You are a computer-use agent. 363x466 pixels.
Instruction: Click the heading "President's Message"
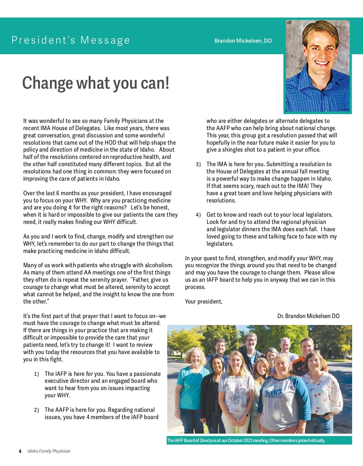pyautogui.click(x=70, y=40)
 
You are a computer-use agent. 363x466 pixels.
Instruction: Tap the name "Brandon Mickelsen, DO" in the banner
pyautogui.click(x=243, y=41)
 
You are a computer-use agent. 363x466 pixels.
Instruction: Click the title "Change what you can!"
pyautogui.click(x=96, y=83)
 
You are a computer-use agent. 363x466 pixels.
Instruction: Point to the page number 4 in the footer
pyautogui.click(x=20, y=451)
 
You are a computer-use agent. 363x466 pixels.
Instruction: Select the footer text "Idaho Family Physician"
pyautogui.click(x=49, y=451)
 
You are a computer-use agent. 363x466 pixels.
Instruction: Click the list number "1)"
pyautogui.click(x=36, y=374)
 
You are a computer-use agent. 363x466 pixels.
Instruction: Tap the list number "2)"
pyautogui.click(x=36, y=410)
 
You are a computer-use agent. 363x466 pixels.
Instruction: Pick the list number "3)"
pyautogui.click(x=198, y=164)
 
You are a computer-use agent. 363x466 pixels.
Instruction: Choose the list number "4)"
pyautogui.click(x=198, y=215)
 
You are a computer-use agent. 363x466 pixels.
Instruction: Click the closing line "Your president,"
pyautogui.click(x=204, y=302)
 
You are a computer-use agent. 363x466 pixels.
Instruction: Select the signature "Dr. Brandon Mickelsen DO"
pyautogui.click(x=308, y=316)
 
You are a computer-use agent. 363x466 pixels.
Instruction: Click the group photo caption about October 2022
pyautogui.click(x=246, y=441)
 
